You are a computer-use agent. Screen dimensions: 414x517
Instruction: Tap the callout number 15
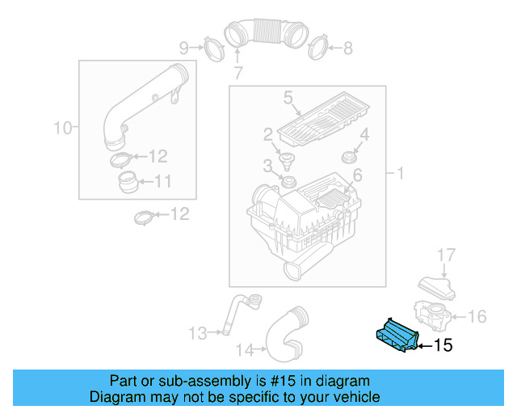coord(443,345)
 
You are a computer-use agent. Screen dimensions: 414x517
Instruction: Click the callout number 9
coord(183,47)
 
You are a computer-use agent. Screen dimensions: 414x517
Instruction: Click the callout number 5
coord(287,99)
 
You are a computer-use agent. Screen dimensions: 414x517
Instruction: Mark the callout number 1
coord(399,173)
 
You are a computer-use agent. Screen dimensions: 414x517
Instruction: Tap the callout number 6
coord(357,175)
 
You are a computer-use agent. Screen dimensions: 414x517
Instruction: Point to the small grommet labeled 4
coord(349,154)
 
